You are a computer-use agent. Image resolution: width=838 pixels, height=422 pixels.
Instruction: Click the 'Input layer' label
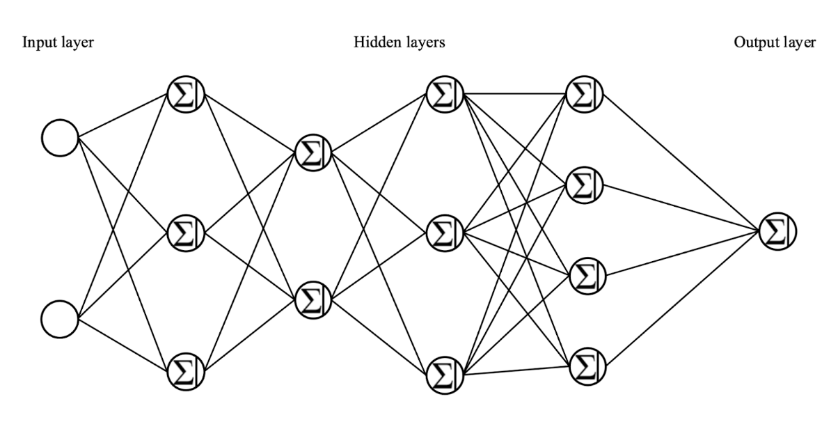click(x=58, y=43)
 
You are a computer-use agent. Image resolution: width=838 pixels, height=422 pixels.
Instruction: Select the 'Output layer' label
click(x=774, y=43)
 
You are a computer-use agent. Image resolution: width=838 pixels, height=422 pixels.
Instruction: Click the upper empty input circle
click(x=60, y=137)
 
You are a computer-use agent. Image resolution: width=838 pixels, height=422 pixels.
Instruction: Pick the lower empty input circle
click(x=60, y=319)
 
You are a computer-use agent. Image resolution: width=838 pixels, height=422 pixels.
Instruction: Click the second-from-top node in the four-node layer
click(x=585, y=185)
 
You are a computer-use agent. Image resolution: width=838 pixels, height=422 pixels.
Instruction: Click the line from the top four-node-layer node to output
click(x=682, y=163)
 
